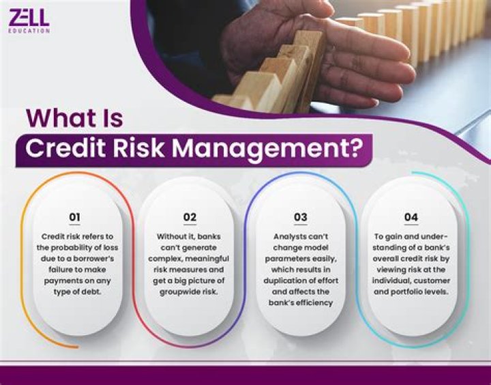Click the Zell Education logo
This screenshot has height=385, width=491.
(x=29, y=21)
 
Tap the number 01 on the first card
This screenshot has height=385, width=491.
(x=75, y=218)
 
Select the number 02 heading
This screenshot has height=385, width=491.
(x=190, y=218)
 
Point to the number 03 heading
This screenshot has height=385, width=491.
(x=300, y=218)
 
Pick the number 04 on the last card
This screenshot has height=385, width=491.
(x=411, y=218)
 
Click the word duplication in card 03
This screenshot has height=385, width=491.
(x=285, y=281)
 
